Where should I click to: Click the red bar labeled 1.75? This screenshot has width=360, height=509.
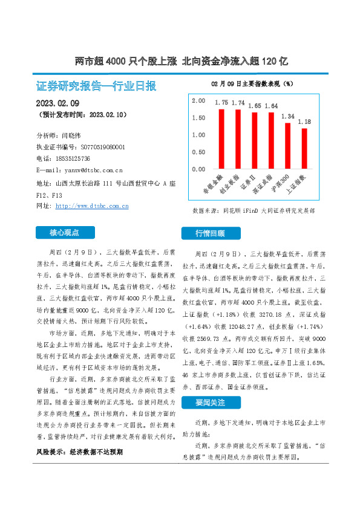(x=222, y=138)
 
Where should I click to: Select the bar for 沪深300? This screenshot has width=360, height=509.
(x=288, y=146)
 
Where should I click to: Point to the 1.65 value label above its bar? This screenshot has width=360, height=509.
(x=255, y=106)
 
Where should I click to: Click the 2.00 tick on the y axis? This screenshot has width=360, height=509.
(x=198, y=101)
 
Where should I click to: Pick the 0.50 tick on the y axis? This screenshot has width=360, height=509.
(x=198, y=152)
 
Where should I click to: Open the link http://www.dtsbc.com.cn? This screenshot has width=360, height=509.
(x=91, y=206)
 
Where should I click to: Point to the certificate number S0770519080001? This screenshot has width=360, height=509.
(x=98, y=147)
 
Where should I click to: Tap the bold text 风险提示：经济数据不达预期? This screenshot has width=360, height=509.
(x=79, y=452)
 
